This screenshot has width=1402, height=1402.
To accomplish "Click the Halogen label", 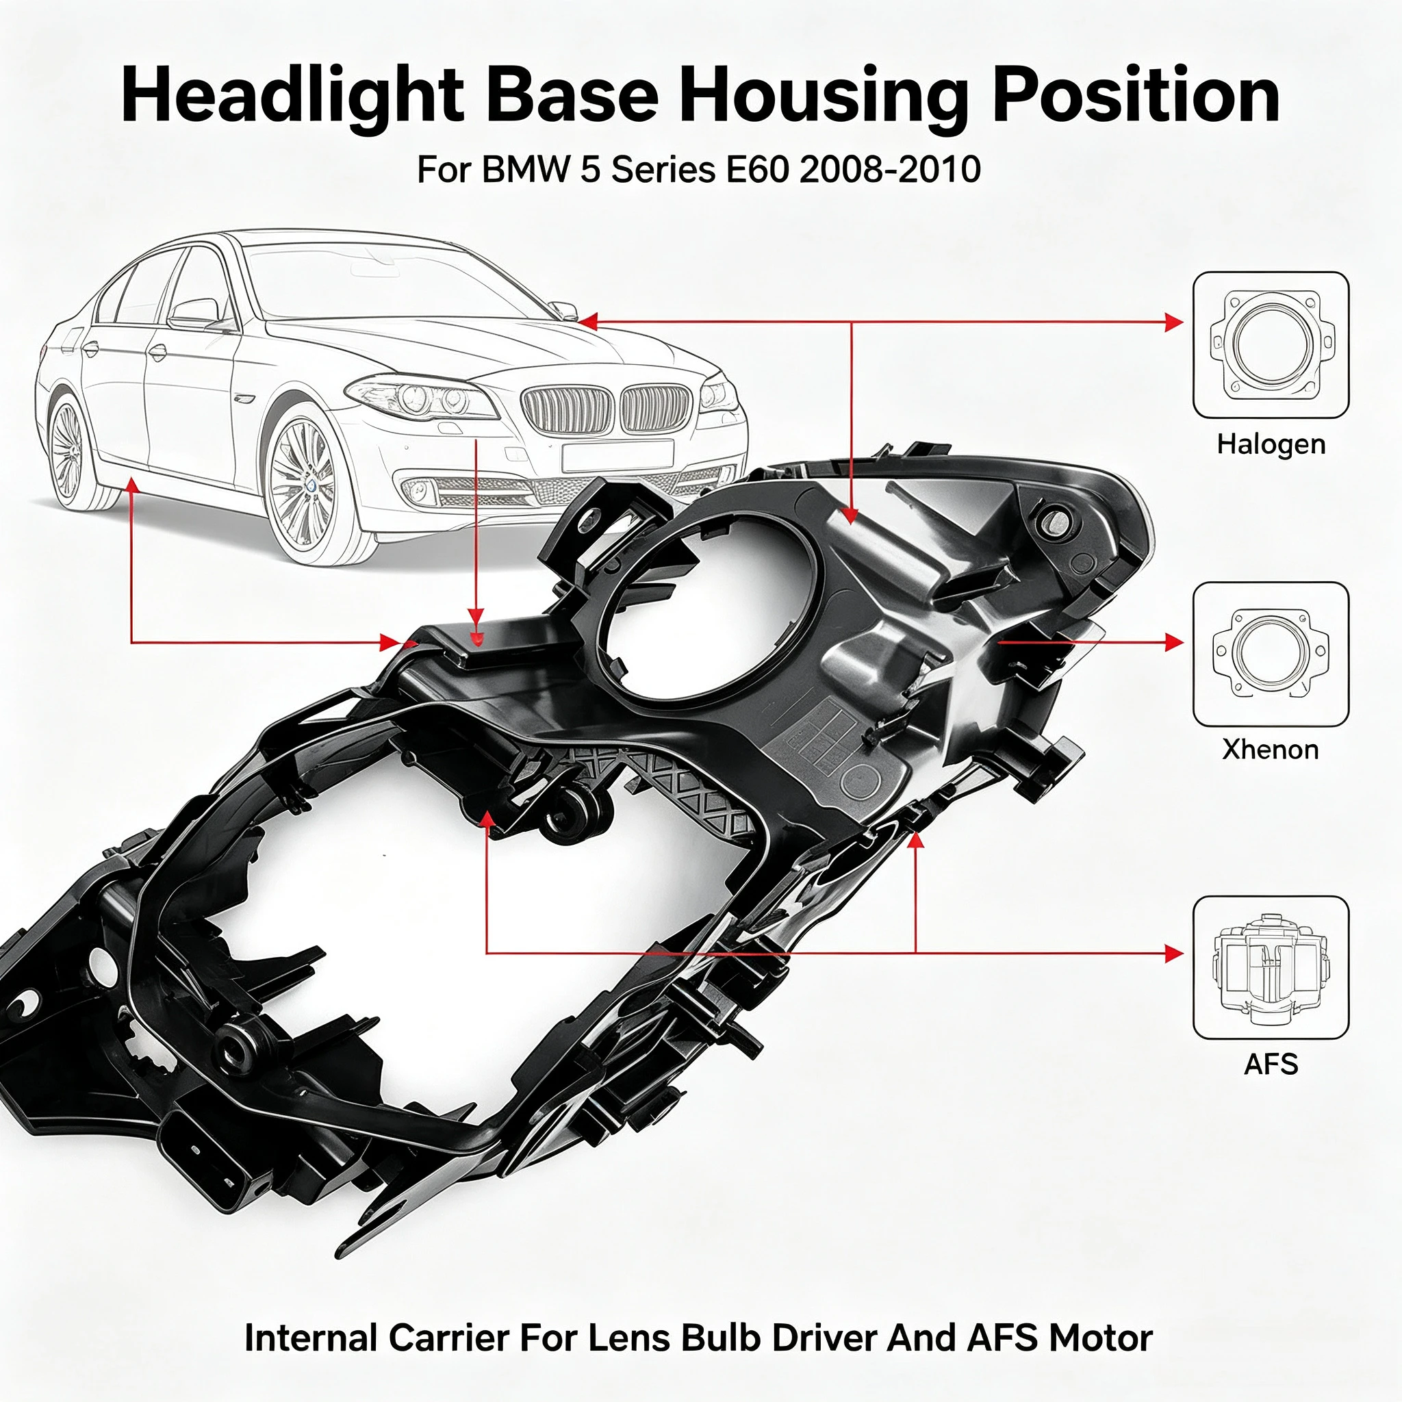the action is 1271,444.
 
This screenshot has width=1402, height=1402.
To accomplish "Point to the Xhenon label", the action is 1271,749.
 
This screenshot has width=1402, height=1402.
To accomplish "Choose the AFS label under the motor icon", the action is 1271,1064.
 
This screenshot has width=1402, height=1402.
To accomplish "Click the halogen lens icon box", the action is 1271,345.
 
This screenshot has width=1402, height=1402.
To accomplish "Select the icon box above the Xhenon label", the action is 1271,654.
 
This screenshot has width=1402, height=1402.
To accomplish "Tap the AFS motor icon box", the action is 1271,967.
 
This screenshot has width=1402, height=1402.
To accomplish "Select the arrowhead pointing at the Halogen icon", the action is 1173,322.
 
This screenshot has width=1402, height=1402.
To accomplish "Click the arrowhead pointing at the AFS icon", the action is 1173,954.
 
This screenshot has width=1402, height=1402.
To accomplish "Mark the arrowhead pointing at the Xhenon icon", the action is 1173,642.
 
